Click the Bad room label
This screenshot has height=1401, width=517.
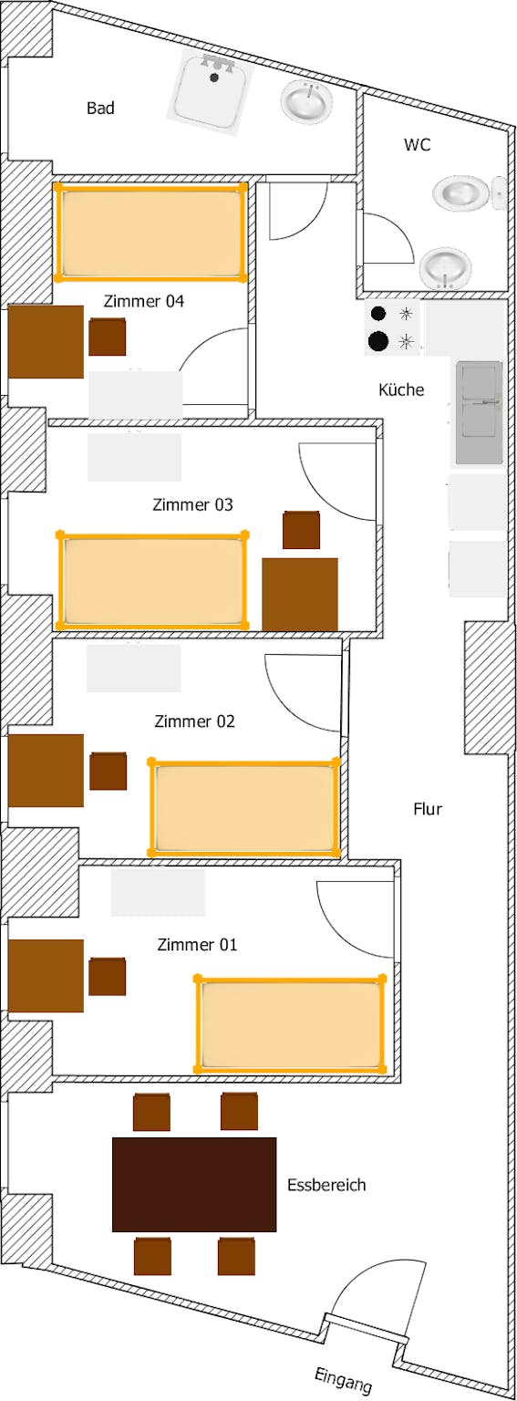click(x=100, y=109)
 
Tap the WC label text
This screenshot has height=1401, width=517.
click(x=417, y=144)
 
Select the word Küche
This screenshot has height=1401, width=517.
click(x=401, y=389)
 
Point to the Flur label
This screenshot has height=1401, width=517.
click(x=428, y=809)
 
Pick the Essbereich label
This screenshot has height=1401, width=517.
click(x=326, y=1185)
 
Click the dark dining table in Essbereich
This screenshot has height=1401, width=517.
click(x=194, y=1185)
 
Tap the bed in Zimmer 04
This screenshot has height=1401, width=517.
click(x=150, y=232)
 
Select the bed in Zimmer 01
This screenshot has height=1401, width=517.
click(x=290, y=1023)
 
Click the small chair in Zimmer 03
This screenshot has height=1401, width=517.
click(x=301, y=530)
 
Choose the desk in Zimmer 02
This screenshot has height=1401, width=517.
click(x=46, y=770)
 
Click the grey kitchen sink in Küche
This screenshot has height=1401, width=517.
click(x=480, y=413)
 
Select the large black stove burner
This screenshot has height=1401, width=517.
click(x=377, y=341)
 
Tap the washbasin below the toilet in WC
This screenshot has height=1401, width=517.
click(x=446, y=267)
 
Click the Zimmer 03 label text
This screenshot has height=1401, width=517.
click(x=192, y=504)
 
